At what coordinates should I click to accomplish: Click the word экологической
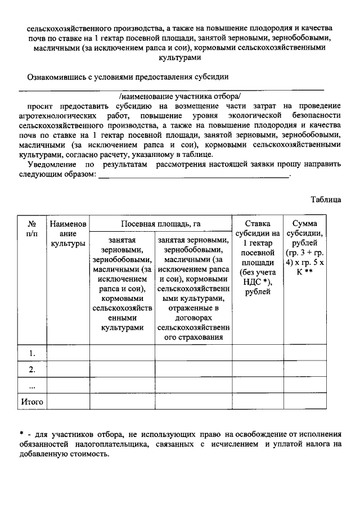[253, 116]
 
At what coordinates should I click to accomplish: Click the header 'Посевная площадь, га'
[160, 223]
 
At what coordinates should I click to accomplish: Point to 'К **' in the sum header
[304, 272]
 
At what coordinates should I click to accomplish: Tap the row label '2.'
[32, 369]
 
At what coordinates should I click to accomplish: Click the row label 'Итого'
[32, 402]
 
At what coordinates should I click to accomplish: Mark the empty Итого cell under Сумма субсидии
[304, 402]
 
